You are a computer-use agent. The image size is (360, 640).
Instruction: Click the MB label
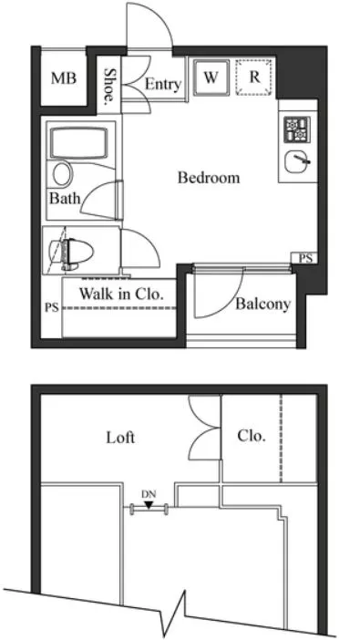64,78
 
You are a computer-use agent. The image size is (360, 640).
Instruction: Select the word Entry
163,85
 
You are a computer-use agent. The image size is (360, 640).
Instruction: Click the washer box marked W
211,77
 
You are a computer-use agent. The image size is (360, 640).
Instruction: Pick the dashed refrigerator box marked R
254,77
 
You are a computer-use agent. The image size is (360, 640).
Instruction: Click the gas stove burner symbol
297,129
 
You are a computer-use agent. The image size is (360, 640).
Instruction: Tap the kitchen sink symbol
297,161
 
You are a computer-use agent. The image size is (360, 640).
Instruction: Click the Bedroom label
209,178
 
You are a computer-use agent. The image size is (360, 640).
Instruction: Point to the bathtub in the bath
78,142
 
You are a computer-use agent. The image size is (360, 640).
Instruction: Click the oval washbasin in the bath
63,174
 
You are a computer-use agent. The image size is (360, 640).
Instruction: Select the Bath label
65,199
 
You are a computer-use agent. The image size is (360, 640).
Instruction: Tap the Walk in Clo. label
121,294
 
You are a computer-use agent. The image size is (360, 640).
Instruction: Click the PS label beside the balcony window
305,258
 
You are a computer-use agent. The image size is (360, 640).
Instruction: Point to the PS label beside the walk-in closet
52,307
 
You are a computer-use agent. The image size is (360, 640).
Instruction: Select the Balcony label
262,305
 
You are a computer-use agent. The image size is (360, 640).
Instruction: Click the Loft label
120,438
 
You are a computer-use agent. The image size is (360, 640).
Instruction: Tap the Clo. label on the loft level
252,437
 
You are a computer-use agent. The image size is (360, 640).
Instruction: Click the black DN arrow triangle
149,505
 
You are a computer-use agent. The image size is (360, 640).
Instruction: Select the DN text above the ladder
149,494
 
